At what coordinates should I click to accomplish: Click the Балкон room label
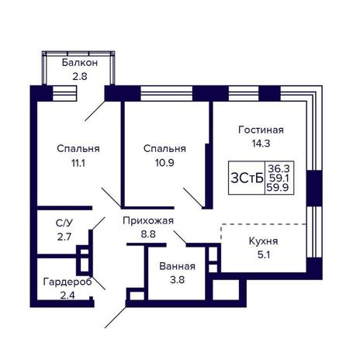click(x=80, y=63)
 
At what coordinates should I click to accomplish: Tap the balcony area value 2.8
click(x=80, y=77)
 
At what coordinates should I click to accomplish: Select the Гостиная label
click(x=261, y=130)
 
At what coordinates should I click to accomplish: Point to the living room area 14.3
click(x=261, y=144)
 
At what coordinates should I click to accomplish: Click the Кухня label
click(x=263, y=241)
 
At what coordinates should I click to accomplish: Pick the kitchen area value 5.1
click(x=264, y=255)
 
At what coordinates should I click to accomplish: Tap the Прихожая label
click(x=148, y=220)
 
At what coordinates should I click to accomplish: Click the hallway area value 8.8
click(x=148, y=234)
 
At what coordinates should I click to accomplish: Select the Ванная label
click(x=177, y=266)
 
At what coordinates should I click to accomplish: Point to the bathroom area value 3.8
click(x=177, y=280)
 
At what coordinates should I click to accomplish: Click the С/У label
click(x=64, y=223)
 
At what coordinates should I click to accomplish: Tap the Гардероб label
click(x=67, y=282)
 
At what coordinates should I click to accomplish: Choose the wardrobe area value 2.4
click(x=67, y=296)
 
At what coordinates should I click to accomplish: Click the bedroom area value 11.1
click(x=78, y=163)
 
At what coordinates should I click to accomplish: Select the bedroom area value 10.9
click(x=164, y=163)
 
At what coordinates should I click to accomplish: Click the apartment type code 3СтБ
click(x=247, y=178)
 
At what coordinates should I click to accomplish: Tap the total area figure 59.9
click(x=278, y=187)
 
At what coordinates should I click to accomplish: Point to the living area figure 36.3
click(x=279, y=169)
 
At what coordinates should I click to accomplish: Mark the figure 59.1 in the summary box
click(x=279, y=178)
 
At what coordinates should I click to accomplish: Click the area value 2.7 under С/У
click(x=64, y=237)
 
